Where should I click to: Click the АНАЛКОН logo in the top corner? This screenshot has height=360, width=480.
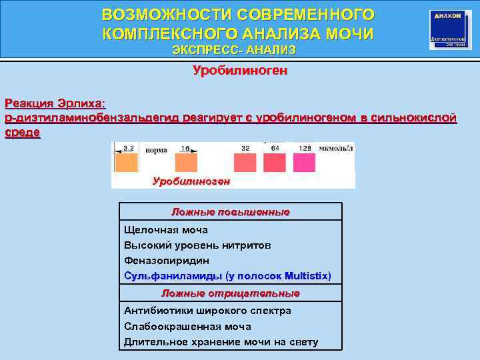pos(450,29)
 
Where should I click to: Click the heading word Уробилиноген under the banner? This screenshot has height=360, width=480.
pos(240,70)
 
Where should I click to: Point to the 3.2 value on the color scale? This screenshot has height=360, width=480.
pos(128,147)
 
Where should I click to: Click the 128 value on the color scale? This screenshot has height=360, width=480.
pos(305,147)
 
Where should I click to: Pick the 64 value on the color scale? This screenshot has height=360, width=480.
pos(274,147)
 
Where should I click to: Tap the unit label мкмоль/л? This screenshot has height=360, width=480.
pos(337,147)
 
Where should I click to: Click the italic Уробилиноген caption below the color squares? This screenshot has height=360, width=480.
pos(191,181)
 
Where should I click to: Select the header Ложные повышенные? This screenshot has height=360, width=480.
pos(231,212)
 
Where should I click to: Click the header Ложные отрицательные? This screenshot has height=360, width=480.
pos(231,293)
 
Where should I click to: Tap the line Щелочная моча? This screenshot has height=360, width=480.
pos(166,229)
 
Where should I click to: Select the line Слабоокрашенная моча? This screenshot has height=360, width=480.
pos(187,327)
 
